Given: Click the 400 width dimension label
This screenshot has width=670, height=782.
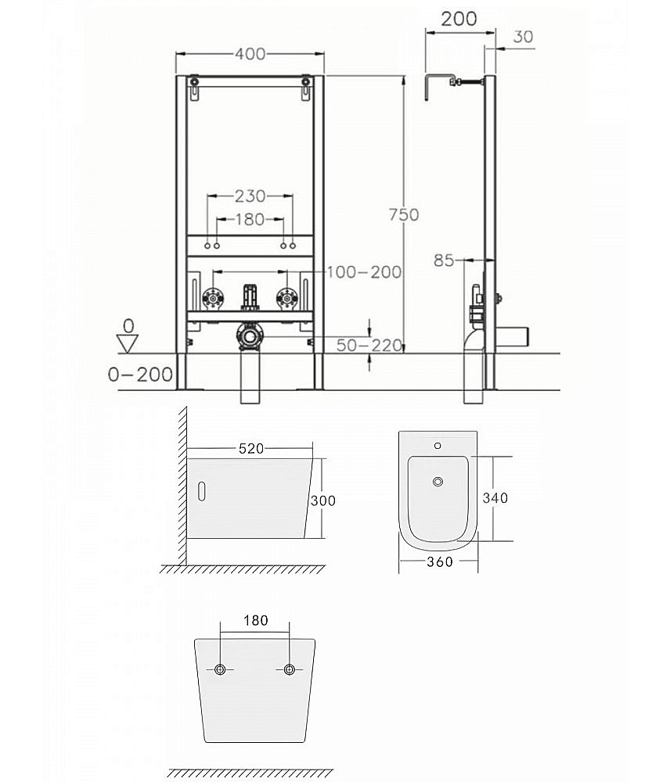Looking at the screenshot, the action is click(x=250, y=54).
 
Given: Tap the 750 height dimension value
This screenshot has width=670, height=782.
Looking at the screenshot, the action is click(x=404, y=214).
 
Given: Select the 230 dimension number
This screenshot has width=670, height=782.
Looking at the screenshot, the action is click(x=250, y=196).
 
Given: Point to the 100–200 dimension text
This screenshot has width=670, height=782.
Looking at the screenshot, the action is click(x=365, y=272).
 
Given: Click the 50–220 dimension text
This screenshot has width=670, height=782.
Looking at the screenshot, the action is click(x=369, y=345).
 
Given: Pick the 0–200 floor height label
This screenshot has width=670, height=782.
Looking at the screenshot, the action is click(x=140, y=375).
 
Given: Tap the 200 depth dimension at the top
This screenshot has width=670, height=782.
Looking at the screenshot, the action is click(x=459, y=19).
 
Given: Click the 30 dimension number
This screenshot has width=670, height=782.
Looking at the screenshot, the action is click(x=523, y=37).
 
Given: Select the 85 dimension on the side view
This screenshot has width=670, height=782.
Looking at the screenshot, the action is click(x=443, y=260).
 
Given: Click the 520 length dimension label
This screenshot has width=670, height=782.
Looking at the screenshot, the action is click(x=250, y=449).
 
